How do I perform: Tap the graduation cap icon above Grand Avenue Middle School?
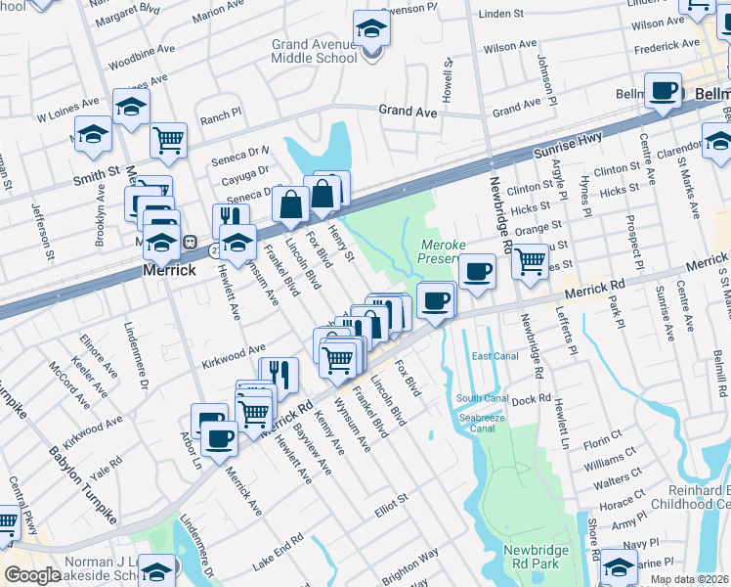pyautogui.click(x=371, y=30)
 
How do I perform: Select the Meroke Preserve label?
pyautogui.click(x=447, y=252)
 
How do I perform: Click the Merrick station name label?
pyautogui.click(x=169, y=269)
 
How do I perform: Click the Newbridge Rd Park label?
pyautogui.click(x=536, y=557)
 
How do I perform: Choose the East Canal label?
pyautogui.click(x=493, y=355)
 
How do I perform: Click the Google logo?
pyautogui.click(x=32, y=574)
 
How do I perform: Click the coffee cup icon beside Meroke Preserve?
pyautogui.click(x=477, y=272)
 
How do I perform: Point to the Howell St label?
pyautogui.click(x=449, y=81)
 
